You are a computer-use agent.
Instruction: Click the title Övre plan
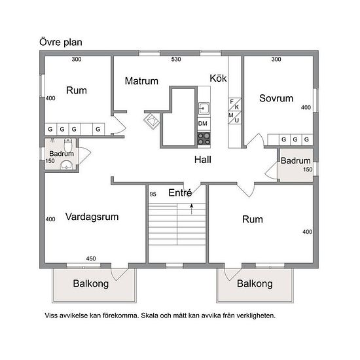(61, 43)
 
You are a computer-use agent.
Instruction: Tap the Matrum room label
(141, 81)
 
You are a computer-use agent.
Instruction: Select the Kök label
(218, 79)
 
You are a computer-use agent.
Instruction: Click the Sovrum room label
(276, 98)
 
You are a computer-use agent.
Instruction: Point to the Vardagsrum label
(92, 217)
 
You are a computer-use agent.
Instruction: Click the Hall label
(203, 160)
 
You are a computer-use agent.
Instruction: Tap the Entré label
(180, 192)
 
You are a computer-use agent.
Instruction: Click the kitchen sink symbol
(204, 108)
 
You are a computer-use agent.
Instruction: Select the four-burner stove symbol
(204, 139)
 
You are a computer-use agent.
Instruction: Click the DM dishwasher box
(204, 124)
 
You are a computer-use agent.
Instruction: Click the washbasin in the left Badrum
(67, 165)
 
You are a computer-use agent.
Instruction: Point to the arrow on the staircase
(191, 209)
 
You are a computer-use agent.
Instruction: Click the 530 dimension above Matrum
(176, 59)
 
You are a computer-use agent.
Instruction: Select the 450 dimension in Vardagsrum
(91, 259)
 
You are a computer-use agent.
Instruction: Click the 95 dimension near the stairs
(153, 194)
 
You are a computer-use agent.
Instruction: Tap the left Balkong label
(91, 283)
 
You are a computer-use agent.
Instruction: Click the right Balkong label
(255, 283)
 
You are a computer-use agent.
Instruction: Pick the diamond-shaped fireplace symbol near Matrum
(151, 121)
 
